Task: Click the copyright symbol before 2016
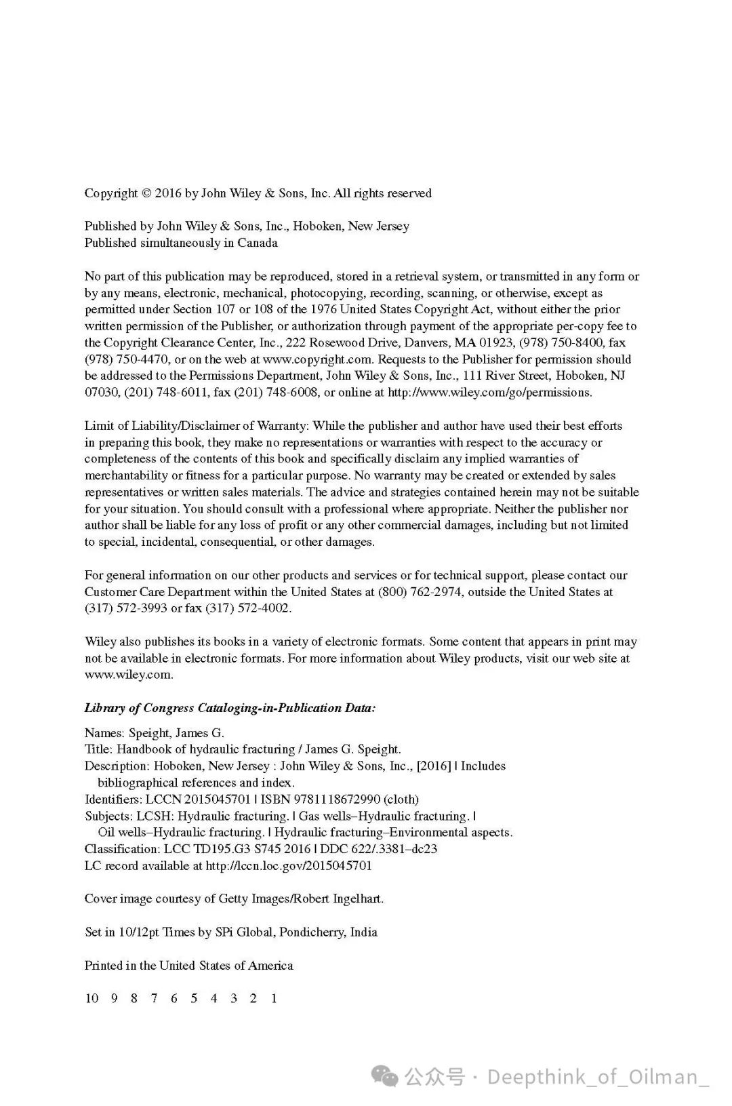tap(146, 193)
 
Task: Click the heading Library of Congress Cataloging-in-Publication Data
tap(230, 708)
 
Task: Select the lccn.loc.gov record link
tap(289, 865)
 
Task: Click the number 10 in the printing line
tap(91, 998)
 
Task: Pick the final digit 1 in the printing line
tap(274, 998)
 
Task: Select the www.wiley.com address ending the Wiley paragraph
tap(129, 675)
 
